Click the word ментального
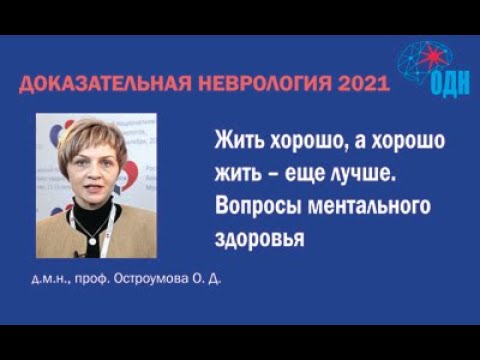pos(362,206)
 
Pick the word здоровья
pos(258,239)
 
